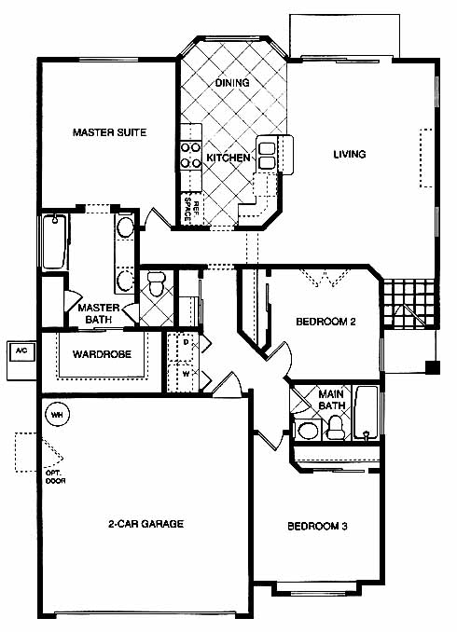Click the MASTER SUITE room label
pos(109,132)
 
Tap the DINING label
pos(232,83)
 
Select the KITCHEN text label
pos(228,158)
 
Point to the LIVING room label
pos(350,154)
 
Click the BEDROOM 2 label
pos(325,322)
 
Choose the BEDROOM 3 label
pos(317,526)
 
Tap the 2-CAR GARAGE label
pos(145,524)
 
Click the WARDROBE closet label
pos(102,354)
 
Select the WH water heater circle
pos(58,414)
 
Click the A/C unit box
pos(21,361)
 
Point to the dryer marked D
pos(184,346)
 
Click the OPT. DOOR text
pos(55,477)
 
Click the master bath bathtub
pos(54,242)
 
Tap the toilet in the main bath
pos(335,428)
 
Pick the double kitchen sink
pos(267,156)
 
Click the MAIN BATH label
pos(331,400)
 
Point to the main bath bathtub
pos(367,413)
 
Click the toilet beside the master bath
pos(156,283)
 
